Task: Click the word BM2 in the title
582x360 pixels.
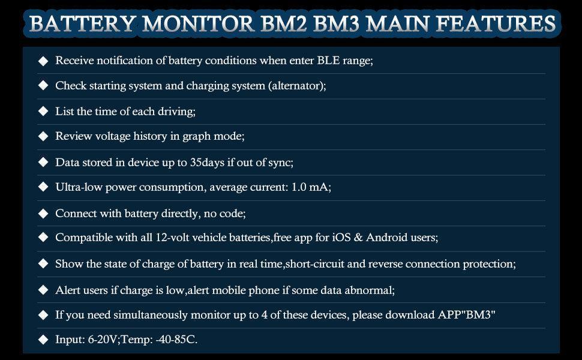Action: click(284, 23)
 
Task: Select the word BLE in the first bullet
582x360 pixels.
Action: click(328, 60)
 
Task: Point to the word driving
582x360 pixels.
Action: click(176, 112)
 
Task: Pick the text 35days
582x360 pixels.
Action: click(207, 163)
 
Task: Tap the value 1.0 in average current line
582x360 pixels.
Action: click(299, 187)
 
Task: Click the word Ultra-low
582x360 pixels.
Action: click(79, 187)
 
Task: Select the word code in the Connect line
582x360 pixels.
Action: click(232, 214)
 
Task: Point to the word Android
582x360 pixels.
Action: click(387, 237)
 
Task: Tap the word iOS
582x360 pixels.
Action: click(341, 237)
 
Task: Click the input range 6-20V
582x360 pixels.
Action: click(103, 339)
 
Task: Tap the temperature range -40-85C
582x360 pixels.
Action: click(176, 339)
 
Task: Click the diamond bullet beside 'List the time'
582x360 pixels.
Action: click(43, 112)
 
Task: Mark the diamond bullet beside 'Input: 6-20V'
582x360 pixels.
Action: click(43, 339)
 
